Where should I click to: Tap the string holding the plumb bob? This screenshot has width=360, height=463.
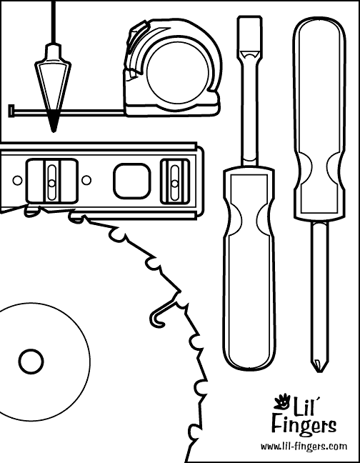(54, 22)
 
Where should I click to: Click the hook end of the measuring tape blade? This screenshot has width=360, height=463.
(12, 111)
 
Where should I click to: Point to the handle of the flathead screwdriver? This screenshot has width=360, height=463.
(249, 267)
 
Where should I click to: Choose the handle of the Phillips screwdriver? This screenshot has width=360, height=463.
(319, 118)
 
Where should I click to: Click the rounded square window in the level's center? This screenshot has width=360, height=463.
(132, 181)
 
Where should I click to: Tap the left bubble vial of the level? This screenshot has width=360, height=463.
(52, 182)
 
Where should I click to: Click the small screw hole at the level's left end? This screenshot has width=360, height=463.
(17, 180)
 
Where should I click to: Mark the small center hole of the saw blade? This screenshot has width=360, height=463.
(31, 362)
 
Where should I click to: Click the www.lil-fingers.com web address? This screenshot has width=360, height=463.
(304, 446)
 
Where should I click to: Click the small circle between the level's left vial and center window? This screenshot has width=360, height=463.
(86, 179)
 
